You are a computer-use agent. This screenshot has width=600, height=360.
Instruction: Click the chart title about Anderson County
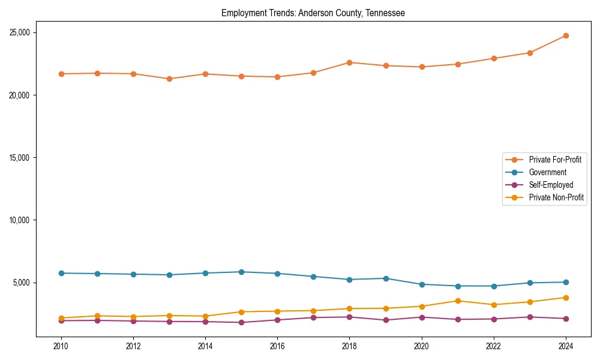point(313,13)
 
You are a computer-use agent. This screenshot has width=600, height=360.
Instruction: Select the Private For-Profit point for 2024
point(566,35)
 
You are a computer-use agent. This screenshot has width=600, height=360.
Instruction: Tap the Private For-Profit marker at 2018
point(349,62)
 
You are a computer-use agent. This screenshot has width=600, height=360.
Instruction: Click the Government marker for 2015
point(241,272)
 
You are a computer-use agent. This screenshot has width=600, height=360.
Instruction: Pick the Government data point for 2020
point(422,284)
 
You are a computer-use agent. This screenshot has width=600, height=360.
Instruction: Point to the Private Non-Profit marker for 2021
point(458,301)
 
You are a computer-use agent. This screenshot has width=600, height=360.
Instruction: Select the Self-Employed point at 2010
point(61,320)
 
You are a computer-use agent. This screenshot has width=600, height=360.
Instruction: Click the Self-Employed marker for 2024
point(566,319)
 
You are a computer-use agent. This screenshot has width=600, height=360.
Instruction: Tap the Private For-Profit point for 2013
point(169,79)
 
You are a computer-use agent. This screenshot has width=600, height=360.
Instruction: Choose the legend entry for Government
point(547,172)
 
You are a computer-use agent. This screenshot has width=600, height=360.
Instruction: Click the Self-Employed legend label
point(551,185)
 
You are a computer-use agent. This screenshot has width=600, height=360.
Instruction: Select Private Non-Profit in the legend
point(556,197)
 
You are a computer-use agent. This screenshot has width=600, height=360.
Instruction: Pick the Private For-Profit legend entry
point(555,160)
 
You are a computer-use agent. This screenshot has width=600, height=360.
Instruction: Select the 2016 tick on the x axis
point(277,346)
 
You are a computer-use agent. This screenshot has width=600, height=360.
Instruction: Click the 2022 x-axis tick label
point(494,346)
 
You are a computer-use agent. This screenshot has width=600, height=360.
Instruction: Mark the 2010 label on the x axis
point(61,346)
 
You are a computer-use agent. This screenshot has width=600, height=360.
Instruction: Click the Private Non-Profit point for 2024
point(566,298)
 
